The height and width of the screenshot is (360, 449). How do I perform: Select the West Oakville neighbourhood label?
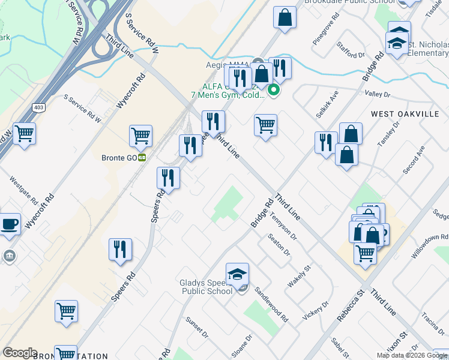pos(405,114)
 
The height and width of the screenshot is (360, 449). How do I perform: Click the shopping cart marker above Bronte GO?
pos(140,137)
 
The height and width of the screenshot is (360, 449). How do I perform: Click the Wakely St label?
pos(298,276)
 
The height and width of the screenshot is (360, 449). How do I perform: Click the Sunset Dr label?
pos(196,327)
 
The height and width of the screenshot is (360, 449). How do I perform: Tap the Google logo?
pos(20,353)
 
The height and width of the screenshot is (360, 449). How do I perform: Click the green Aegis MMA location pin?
pos(274,91)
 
